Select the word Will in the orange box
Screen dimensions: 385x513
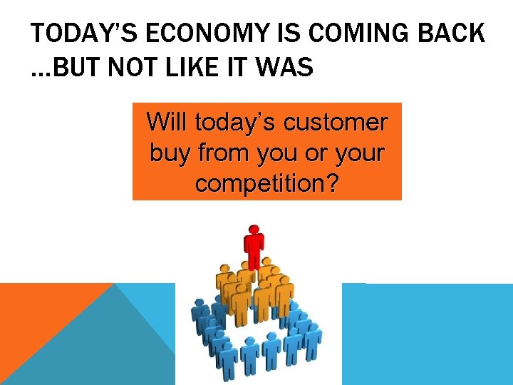pyautogui.click(x=167, y=122)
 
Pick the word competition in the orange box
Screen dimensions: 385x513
pyautogui.click(x=259, y=183)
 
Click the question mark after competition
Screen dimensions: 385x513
pyautogui.click(x=331, y=183)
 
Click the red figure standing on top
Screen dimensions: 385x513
pyautogui.click(x=254, y=250)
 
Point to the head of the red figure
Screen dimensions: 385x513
pyautogui.click(x=254, y=230)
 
